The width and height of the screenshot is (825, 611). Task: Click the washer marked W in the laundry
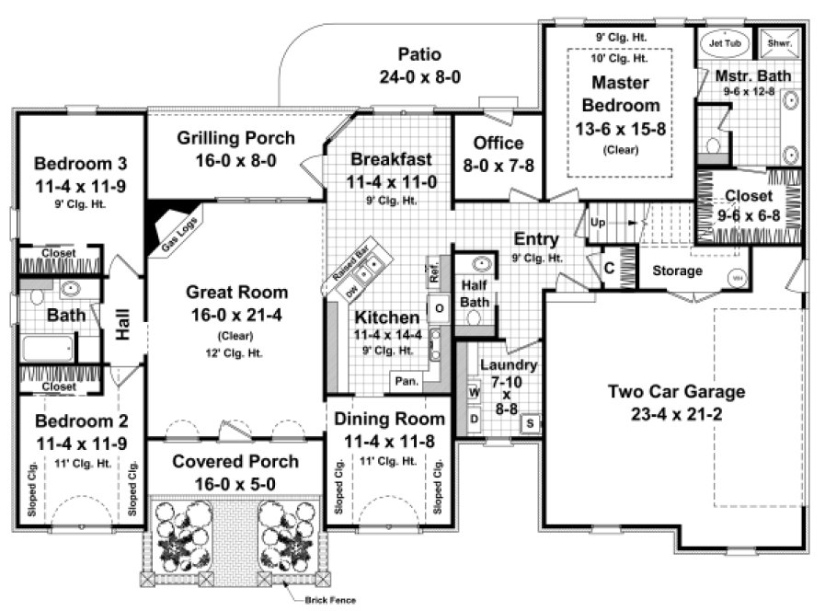tap(475, 392)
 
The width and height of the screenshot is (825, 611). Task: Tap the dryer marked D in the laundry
tap(475, 419)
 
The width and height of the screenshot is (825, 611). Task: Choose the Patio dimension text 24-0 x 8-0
tap(420, 76)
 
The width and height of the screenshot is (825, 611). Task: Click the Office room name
tap(498, 143)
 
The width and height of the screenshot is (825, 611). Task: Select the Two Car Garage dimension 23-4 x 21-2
tap(676, 413)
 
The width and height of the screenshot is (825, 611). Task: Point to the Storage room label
tap(677, 271)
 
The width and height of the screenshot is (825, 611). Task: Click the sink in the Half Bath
tap(476, 265)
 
